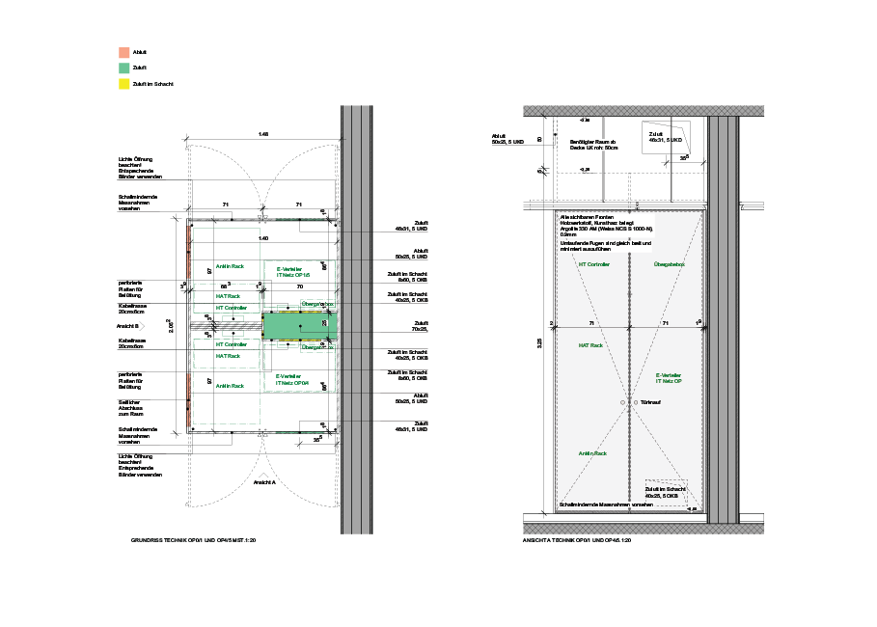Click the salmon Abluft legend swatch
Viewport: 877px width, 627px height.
pyautogui.click(x=123, y=53)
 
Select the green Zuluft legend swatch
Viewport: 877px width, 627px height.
pyautogui.click(x=123, y=68)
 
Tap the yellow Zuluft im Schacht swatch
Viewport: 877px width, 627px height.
pyautogui.click(x=123, y=84)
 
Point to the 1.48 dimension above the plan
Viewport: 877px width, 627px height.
pyautogui.click(x=263, y=134)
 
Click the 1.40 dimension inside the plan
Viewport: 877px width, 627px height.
pyautogui.click(x=263, y=237)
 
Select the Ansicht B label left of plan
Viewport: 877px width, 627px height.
pyautogui.click(x=129, y=326)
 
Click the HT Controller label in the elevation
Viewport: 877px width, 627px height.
pyautogui.click(x=593, y=263)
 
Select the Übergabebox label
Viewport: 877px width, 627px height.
pyautogui.click(x=669, y=263)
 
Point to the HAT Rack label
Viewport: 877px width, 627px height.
pyautogui.click(x=590, y=344)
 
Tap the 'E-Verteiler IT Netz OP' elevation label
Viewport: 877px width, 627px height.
pyautogui.click(x=669, y=377)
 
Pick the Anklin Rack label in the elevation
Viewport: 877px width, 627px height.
pyautogui.click(x=592, y=452)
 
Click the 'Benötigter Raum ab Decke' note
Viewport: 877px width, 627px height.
pyautogui.click(x=592, y=146)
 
